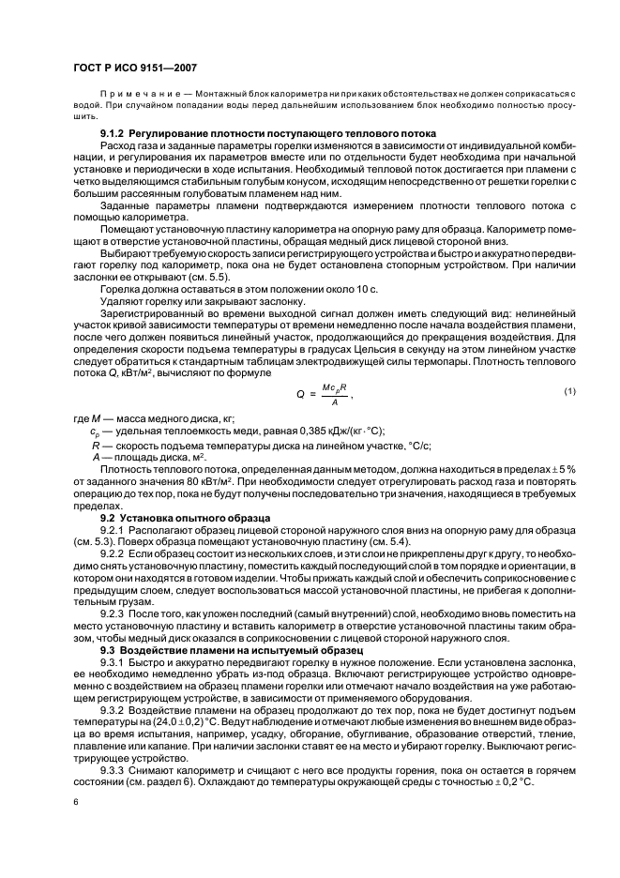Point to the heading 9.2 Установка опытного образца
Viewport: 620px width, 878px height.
point(176,517)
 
